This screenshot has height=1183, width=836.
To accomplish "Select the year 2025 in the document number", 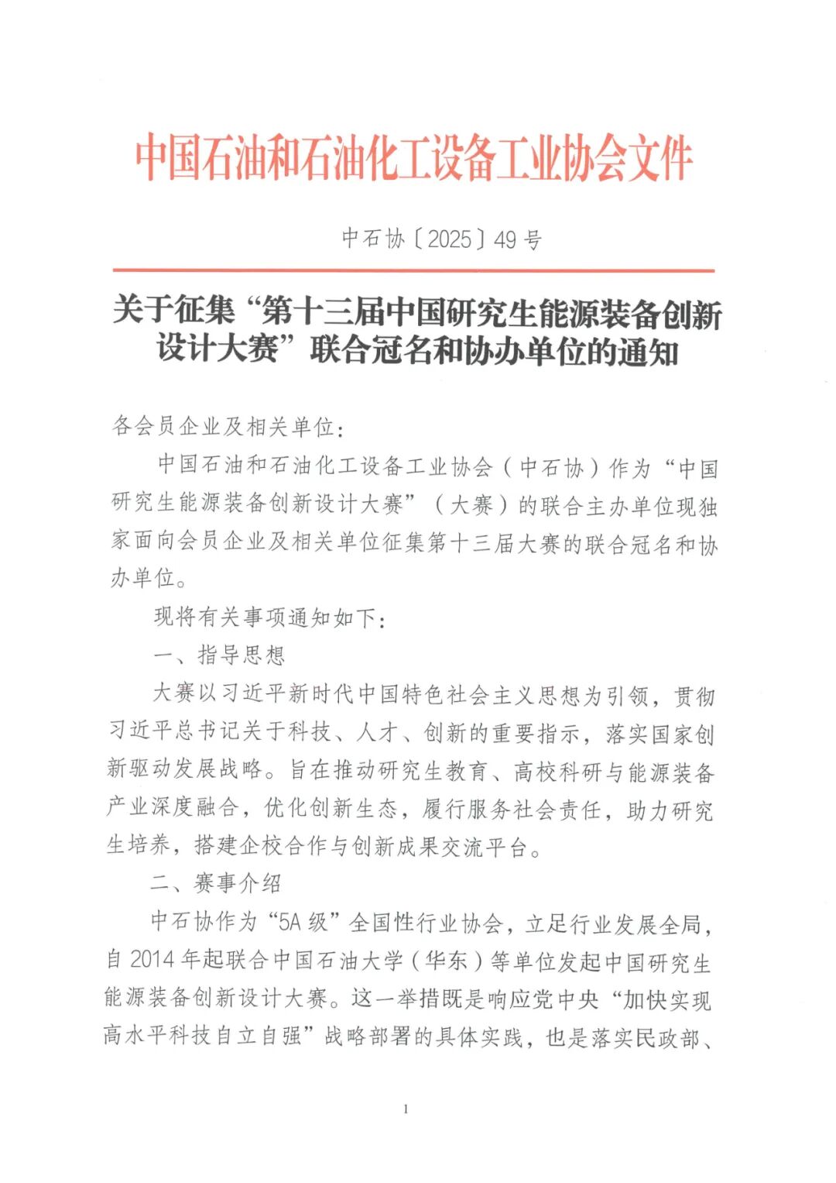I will [x=449, y=239].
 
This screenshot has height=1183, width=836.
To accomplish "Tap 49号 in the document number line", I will [x=518, y=239].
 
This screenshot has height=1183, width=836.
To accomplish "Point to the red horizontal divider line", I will [x=413, y=270].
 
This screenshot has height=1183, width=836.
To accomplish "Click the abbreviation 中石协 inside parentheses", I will [x=551, y=468].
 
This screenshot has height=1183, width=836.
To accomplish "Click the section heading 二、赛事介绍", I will [x=216, y=883].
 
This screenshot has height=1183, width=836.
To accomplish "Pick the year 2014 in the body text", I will [x=152, y=960].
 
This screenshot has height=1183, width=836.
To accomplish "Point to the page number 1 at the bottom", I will [x=406, y=1109].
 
